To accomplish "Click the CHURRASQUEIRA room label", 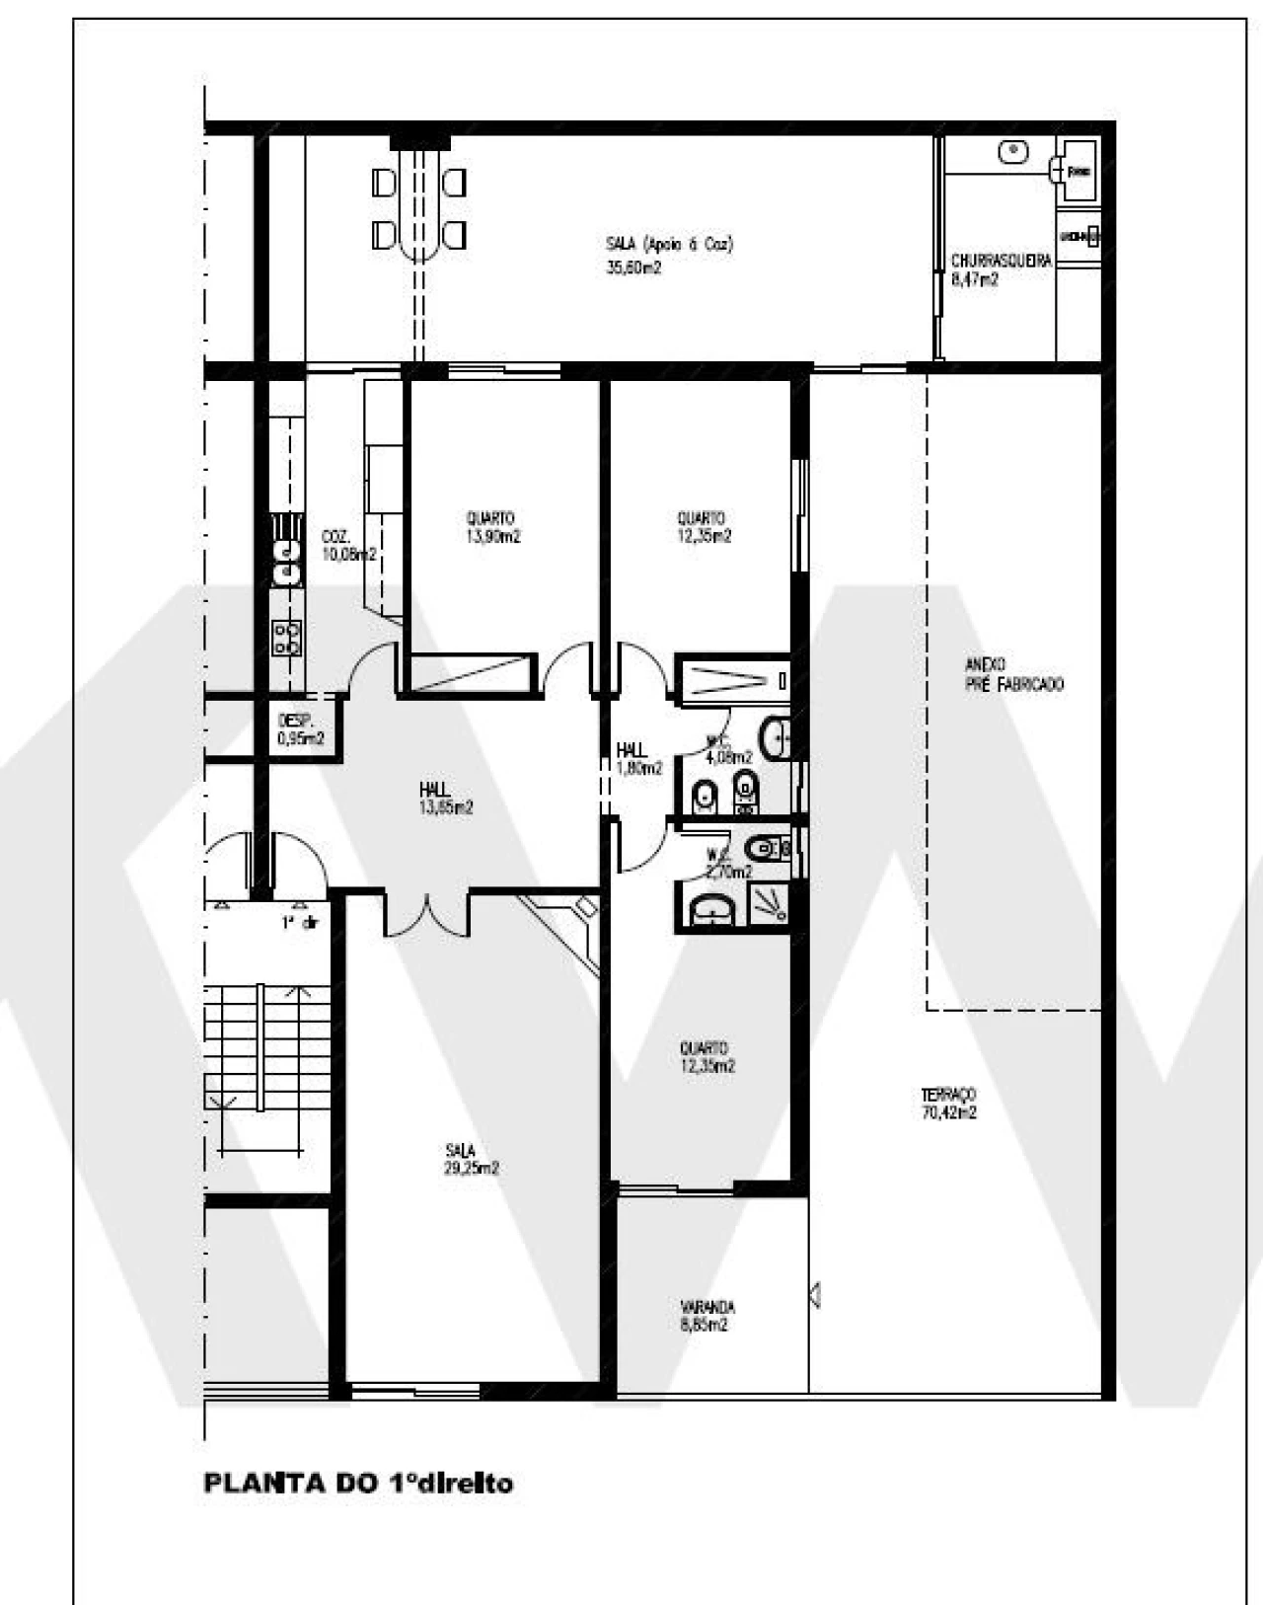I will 1001,262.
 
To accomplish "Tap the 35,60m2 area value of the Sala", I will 633,267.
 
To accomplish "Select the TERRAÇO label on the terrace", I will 948,1095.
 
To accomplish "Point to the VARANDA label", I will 706,1307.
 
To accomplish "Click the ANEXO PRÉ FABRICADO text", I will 1013,675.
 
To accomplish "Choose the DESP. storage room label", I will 295,721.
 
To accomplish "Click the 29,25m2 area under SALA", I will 471,1169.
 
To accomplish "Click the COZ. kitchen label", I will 335,537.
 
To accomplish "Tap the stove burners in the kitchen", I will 286,638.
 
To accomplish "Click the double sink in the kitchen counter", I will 286,560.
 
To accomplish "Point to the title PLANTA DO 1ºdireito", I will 357,1483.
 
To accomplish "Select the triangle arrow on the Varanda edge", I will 815,1294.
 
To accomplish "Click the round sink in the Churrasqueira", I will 1012,152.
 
